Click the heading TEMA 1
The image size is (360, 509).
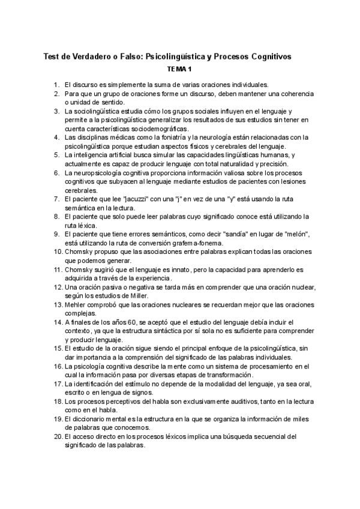pyautogui.click(x=180, y=70)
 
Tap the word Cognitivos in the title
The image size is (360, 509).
pyautogui.click(x=269, y=56)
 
